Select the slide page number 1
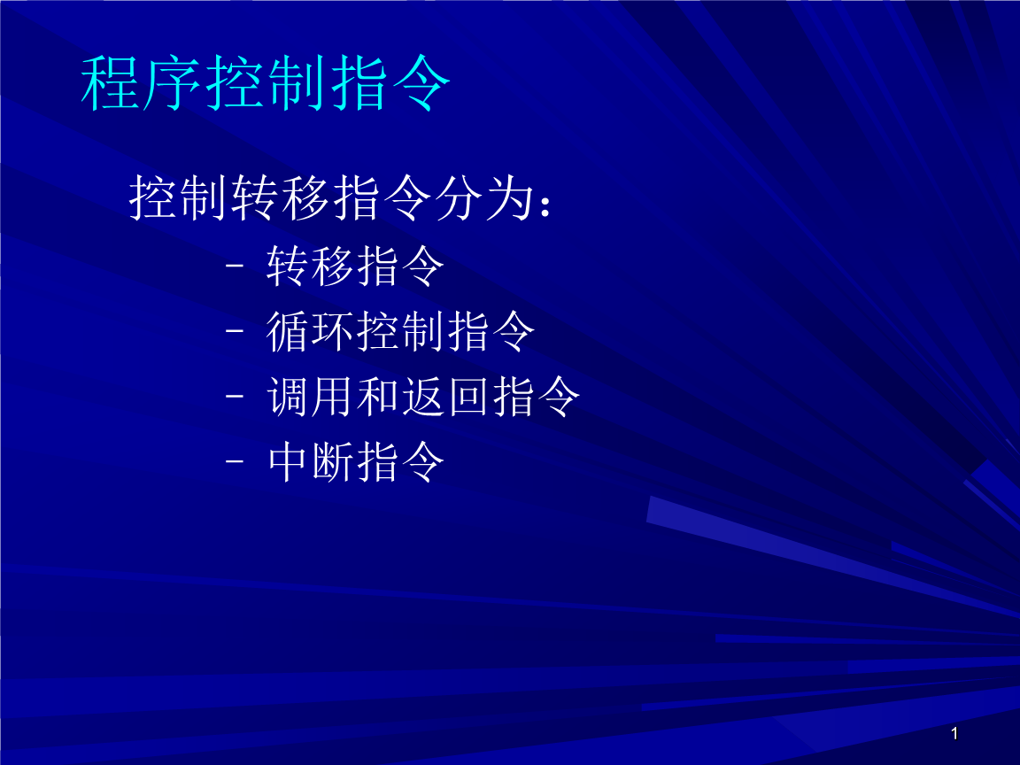[954, 734]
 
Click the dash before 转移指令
[235, 266]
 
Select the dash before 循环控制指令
[235, 330]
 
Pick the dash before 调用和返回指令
[235, 396]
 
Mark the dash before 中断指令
[235, 461]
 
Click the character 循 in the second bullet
[288, 331]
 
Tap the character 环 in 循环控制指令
[333, 331]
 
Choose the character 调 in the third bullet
[288, 396]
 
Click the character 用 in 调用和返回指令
[333, 396]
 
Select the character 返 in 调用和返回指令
[423, 396]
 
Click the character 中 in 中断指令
[288, 461]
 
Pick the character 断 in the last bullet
[333, 461]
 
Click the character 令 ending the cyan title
[421, 83]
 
